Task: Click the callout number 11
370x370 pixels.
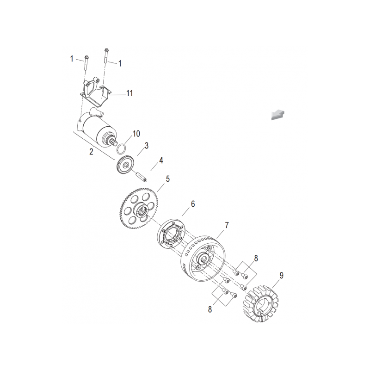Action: click(129, 93)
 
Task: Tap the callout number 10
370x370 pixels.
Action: click(136, 134)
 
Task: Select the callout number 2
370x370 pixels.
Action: click(91, 152)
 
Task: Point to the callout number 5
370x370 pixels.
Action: click(168, 179)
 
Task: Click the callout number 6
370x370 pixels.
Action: click(193, 203)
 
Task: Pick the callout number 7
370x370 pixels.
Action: click(227, 225)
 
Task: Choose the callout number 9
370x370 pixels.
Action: click(281, 275)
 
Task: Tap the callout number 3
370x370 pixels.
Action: click(147, 145)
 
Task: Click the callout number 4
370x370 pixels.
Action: click(161, 160)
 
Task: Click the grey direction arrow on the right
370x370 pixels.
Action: click(278, 115)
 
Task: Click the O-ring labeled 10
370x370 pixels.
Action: click(122, 148)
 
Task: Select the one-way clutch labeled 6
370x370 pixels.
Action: click(172, 233)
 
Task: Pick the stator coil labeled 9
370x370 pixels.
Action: click(260, 304)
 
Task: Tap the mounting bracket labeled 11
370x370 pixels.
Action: click(95, 91)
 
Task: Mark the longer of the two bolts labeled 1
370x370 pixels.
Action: click(106, 56)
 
